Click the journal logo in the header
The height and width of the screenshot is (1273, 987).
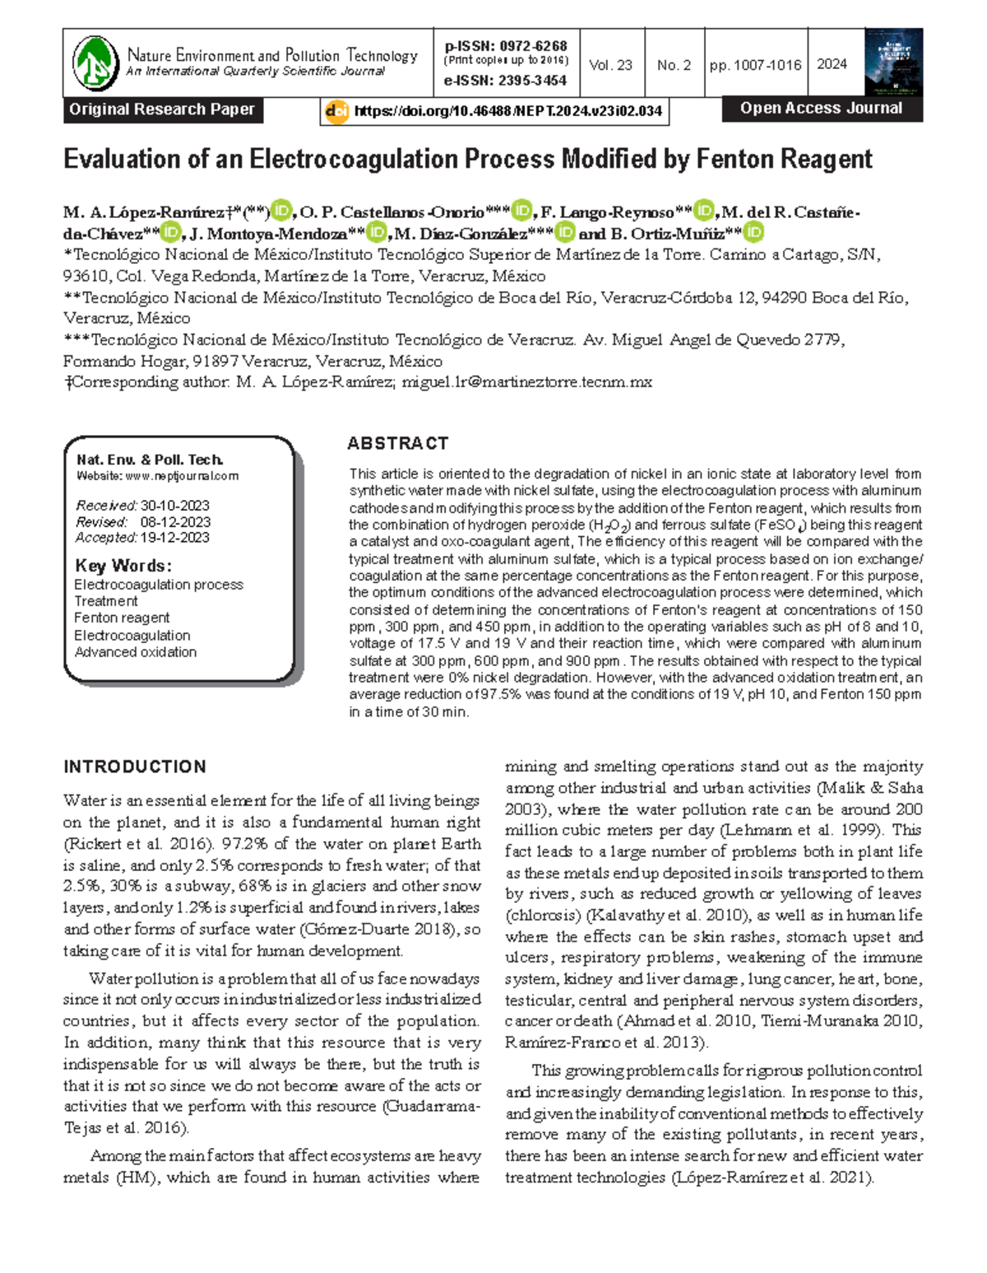[x=95, y=62]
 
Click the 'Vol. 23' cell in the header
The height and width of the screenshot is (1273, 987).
[x=610, y=65]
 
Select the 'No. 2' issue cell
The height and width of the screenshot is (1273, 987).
[x=674, y=65]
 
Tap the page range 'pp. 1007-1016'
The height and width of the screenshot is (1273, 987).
[x=755, y=65]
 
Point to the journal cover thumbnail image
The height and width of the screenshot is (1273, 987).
[x=893, y=62]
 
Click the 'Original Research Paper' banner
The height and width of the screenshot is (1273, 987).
[x=162, y=109]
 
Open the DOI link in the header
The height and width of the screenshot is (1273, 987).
[x=507, y=111]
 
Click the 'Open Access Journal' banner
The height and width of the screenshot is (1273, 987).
[x=821, y=109]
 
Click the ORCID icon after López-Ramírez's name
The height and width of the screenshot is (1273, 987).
[x=281, y=211]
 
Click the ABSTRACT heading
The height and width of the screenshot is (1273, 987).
[x=398, y=443]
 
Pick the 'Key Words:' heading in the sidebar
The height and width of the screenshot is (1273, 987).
[x=123, y=566]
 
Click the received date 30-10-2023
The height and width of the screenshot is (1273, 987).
[x=174, y=506]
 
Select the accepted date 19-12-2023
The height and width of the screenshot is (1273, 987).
[x=174, y=538]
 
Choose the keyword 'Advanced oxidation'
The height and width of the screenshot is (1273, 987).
[x=136, y=652]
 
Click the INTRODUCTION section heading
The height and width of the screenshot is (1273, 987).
[x=135, y=766]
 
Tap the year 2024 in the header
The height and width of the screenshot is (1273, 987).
[x=832, y=64]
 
